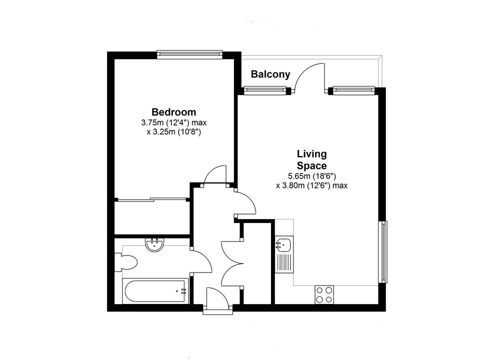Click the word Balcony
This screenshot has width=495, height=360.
pos(270,74)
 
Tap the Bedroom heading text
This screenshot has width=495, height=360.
pos(173,112)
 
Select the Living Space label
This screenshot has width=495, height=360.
pos(311,160)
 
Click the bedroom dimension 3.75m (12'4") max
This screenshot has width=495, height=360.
pos(173,122)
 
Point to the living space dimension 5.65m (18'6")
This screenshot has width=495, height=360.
pos(311,176)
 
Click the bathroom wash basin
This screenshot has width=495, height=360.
pos(154,244)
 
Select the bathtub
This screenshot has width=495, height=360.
pos(155,291)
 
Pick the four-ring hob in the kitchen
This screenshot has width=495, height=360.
pos(324,294)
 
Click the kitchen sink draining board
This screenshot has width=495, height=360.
pos(284,262)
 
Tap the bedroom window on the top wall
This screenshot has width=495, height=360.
pos(189,54)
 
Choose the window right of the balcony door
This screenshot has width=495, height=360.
pos(353,90)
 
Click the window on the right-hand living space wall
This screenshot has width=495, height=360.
pos(383,252)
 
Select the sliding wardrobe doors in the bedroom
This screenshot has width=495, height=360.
pos(152,199)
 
